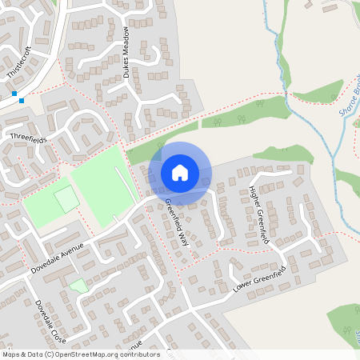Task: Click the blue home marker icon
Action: pyautogui.click(x=180, y=172)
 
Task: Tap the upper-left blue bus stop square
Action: pyautogui.click(x=14, y=94)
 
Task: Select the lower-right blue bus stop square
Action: pyautogui.click(x=22, y=100)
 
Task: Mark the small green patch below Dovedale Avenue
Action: pyautogui.click(x=78, y=285)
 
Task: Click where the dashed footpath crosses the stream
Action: pyautogui.click(x=286, y=94)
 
